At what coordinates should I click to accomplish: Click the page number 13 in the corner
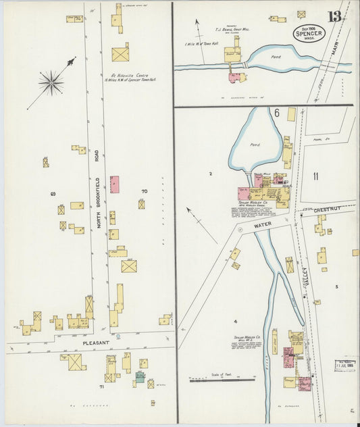coord(334,17)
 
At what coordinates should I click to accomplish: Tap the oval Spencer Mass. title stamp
coord(310,33)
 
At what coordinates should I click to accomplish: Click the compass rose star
coord(51,82)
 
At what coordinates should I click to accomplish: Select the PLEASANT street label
coord(95,343)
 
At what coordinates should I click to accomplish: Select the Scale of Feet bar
coord(213,380)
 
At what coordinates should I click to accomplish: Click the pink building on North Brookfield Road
coord(115,184)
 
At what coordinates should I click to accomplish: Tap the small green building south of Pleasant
coord(139,377)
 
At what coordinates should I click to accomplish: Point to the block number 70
coord(143,191)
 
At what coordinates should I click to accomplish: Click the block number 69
coord(53,194)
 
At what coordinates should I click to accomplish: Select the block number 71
coord(101,387)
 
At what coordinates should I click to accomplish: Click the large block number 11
coord(315,177)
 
